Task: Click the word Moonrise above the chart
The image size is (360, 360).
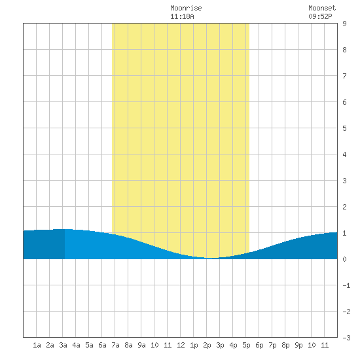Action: tap(186, 8)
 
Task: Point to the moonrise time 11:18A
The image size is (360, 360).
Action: tap(182, 16)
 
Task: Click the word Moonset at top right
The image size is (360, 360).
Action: tap(322, 8)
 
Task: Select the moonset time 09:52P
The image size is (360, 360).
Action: tap(320, 16)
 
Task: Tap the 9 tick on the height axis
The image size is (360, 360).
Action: tap(344, 24)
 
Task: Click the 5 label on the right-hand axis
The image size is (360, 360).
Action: tap(344, 128)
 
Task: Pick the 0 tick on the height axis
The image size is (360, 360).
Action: tap(344, 259)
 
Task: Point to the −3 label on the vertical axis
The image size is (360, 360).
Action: tap(346, 338)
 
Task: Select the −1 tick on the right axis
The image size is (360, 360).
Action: tap(346, 285)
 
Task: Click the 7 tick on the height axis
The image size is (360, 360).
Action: tap(344, 76)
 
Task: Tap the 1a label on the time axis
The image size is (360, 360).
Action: tap(37, 345)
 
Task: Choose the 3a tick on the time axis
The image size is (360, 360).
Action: tap(63, 345)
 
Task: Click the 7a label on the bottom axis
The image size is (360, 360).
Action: tap(115, 345)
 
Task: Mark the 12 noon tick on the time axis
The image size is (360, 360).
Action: tap(181, 345)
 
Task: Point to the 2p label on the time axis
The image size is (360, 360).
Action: tap(207, 345)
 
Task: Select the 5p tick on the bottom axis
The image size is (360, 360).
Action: tap(246, 345)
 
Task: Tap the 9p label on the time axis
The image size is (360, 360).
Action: tap(298, 345)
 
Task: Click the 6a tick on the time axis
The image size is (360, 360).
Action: tap(102, 345)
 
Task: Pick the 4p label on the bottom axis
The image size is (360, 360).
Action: tap(233, 345)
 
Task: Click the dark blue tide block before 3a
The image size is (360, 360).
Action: tap(44, 244)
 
